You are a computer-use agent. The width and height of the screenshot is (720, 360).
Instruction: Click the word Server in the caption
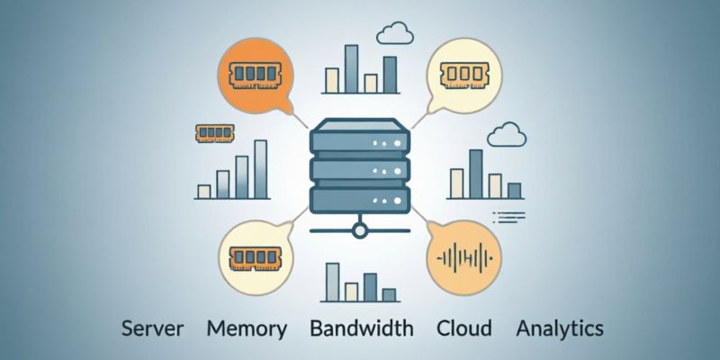tap(152, 328)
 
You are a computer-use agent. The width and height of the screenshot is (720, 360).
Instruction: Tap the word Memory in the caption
tap(247, 328)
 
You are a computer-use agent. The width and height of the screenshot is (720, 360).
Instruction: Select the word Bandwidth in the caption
tap(362, 328)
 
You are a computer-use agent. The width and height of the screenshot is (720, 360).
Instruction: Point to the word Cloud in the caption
tap(463, 328)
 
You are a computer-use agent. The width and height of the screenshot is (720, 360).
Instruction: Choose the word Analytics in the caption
tap(560, 328)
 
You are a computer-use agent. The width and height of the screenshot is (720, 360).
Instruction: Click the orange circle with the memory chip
tap(256, 76)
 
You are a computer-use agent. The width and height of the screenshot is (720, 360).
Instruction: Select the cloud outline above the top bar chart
tap(395, 33)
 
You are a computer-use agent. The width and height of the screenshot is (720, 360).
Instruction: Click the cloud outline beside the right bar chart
tap(507, 134)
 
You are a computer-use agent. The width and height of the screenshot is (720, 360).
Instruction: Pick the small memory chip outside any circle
tap(214, 132)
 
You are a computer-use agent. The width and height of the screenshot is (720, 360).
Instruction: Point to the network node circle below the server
tap(359, 230)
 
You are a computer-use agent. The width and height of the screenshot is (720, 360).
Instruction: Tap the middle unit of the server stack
tap(359, 170)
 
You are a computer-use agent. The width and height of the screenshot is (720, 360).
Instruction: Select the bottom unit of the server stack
tap(359, 200)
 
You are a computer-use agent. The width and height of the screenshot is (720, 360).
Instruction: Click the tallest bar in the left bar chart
tap(260, 169)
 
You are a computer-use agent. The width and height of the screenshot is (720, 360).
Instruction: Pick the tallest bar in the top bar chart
tap(351, 69)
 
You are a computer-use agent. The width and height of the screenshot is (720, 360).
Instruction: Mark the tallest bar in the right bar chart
tap(476, 174)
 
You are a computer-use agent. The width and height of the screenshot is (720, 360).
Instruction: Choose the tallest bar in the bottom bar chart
tap(332, 283)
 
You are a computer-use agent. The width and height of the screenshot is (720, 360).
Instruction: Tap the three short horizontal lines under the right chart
tap(508, 217)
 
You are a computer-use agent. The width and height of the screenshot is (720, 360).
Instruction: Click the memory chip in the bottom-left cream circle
tap(256, 258)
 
